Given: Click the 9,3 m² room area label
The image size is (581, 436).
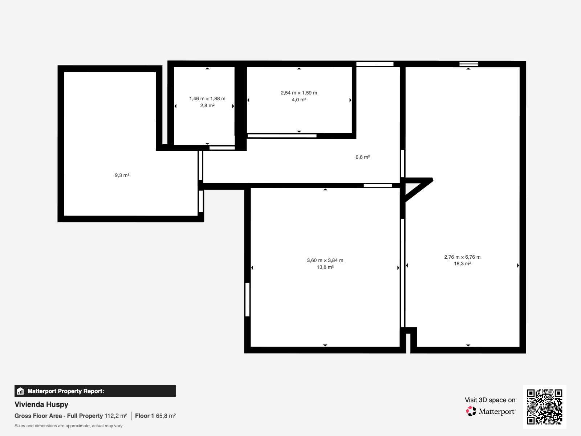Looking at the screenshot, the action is point(122,175).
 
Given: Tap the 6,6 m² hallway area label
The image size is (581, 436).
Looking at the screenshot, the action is point(363,157).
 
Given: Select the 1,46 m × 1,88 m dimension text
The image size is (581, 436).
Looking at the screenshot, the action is point(207,99).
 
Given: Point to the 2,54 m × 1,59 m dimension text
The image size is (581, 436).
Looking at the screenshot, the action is point(299,93).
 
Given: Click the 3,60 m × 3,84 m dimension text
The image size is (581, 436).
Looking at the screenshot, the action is point(325,261).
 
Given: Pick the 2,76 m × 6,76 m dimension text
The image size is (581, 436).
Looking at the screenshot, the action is point(462,257).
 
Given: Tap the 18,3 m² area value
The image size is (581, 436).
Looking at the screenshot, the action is point(462,264).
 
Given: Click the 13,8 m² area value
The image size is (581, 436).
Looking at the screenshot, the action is point(325,267).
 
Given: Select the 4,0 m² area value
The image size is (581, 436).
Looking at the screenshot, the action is point(299,100).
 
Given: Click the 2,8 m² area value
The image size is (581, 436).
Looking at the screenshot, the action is point(207,106).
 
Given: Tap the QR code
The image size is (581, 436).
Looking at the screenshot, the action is point(544,407).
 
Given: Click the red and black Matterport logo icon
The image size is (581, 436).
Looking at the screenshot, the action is point(471,411).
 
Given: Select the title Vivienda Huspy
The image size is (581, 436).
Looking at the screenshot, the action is point(41,404).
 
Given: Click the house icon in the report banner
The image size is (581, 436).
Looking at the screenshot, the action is point(20,391).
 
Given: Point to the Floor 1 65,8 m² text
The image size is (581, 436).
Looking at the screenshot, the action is point(155,416).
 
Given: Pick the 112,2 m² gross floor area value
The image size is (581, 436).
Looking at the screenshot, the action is point(116,416).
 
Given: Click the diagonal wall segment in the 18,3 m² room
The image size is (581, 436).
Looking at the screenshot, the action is point(419,190).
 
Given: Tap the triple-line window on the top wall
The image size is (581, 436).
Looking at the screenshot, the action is point(468,64).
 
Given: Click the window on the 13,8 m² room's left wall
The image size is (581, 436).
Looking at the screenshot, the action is point(248,300).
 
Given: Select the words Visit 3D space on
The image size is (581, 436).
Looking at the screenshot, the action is point(490,400).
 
